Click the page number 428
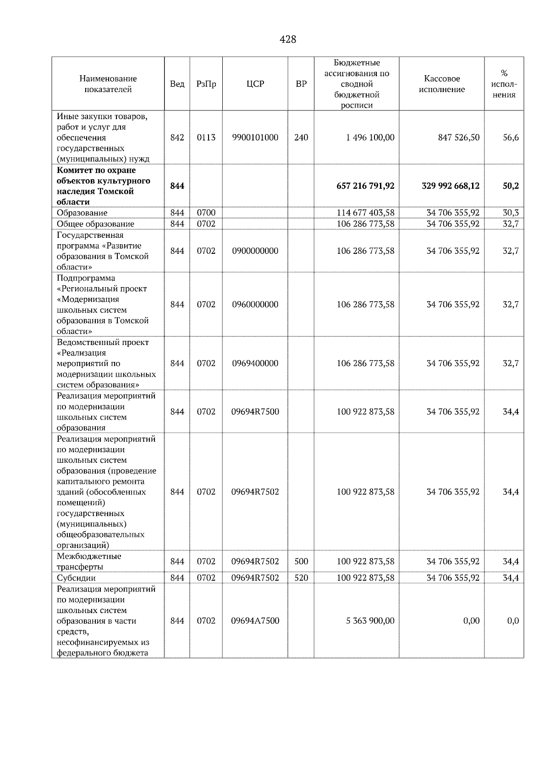[288, 39]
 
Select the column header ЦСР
[255, 84]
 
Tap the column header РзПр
[206, 84]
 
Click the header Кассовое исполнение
[441, 84]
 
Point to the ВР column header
[301, 84]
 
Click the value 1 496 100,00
[370, 137]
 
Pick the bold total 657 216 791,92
[365, 186]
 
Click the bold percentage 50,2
[511, 186]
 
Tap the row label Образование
[82, 213]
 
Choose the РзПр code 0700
[206, 213]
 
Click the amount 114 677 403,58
[365, 213]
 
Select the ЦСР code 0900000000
[255, 251]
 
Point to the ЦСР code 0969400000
[255, 363]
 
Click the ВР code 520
[301, 578]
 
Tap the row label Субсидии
[76, 578]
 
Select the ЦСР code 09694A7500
[255, 621]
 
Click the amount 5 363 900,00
[370, 621]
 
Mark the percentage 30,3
[511, 213]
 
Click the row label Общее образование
[95, 224]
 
